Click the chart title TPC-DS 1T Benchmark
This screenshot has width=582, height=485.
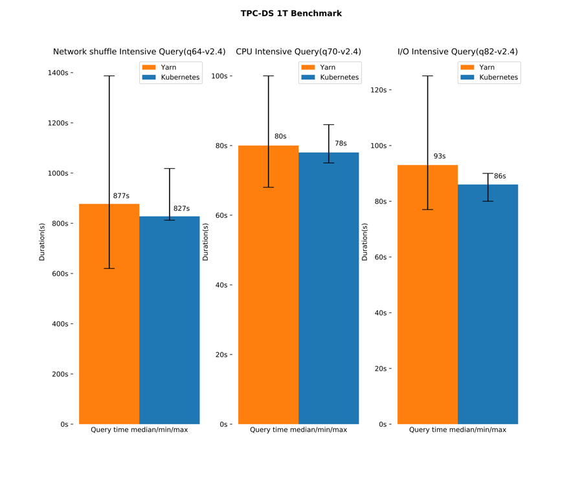coord(291,14)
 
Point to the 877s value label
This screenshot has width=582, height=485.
coord(121,196)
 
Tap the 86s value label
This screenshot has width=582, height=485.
coord(500,176)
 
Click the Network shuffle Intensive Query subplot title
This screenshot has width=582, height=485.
coord(139,52)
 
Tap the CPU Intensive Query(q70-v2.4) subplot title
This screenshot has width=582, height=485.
coord(298,52)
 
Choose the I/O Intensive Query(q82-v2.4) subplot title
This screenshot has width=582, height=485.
coord(457,52)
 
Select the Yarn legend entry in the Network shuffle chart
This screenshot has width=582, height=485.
coord(168,67)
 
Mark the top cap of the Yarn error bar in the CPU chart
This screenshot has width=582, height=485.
coord(268,76)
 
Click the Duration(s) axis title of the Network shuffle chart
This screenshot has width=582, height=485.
coord(42,242)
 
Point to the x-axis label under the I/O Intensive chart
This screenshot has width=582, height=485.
coord(458,430)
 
